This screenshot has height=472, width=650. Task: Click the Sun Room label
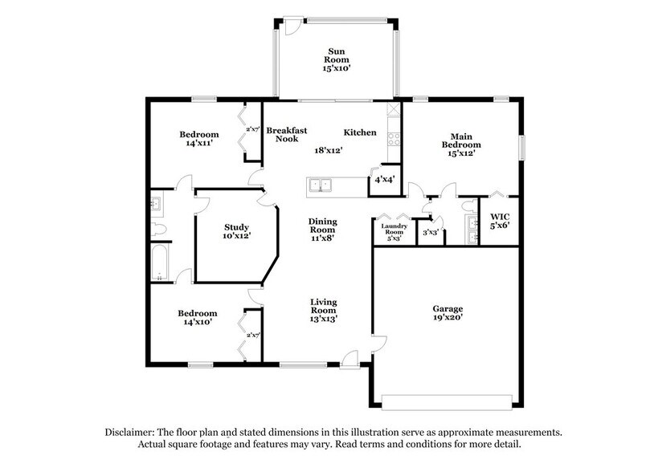336,54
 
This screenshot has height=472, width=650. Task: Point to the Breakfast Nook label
282,134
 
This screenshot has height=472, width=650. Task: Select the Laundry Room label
394,230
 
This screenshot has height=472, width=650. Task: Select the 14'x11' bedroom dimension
198,144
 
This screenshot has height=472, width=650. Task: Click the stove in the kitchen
393,137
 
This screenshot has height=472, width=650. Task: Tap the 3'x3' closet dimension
430,232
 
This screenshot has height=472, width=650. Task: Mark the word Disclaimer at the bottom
134,431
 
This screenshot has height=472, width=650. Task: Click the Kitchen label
360,132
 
